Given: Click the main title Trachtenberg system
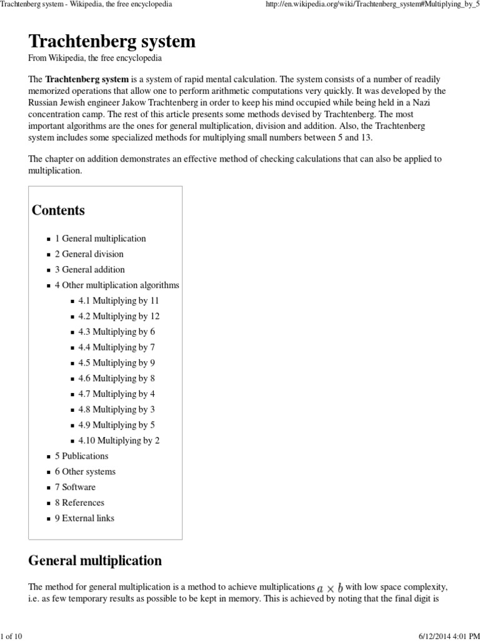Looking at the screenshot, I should [112, 41].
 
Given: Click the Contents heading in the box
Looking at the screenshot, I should [58, 210].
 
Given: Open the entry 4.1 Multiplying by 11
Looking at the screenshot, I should [119, 300].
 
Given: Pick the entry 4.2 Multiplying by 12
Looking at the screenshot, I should [119, 316].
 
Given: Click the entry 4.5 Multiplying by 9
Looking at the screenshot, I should [116, 363].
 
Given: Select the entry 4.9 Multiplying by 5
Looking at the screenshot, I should [116, 425].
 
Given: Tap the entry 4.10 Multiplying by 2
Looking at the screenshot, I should [119, 441].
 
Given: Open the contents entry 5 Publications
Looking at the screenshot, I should [81, 456].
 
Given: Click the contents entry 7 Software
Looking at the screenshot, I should [75, 487].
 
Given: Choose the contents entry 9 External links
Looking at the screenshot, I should [84, 518].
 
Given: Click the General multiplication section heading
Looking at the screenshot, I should [95, 560].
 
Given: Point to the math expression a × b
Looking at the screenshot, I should [330, 588].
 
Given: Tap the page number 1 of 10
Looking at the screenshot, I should [12, 636].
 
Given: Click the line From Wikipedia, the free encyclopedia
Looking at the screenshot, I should [95, 58].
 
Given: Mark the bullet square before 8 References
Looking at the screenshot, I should [49, 503].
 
